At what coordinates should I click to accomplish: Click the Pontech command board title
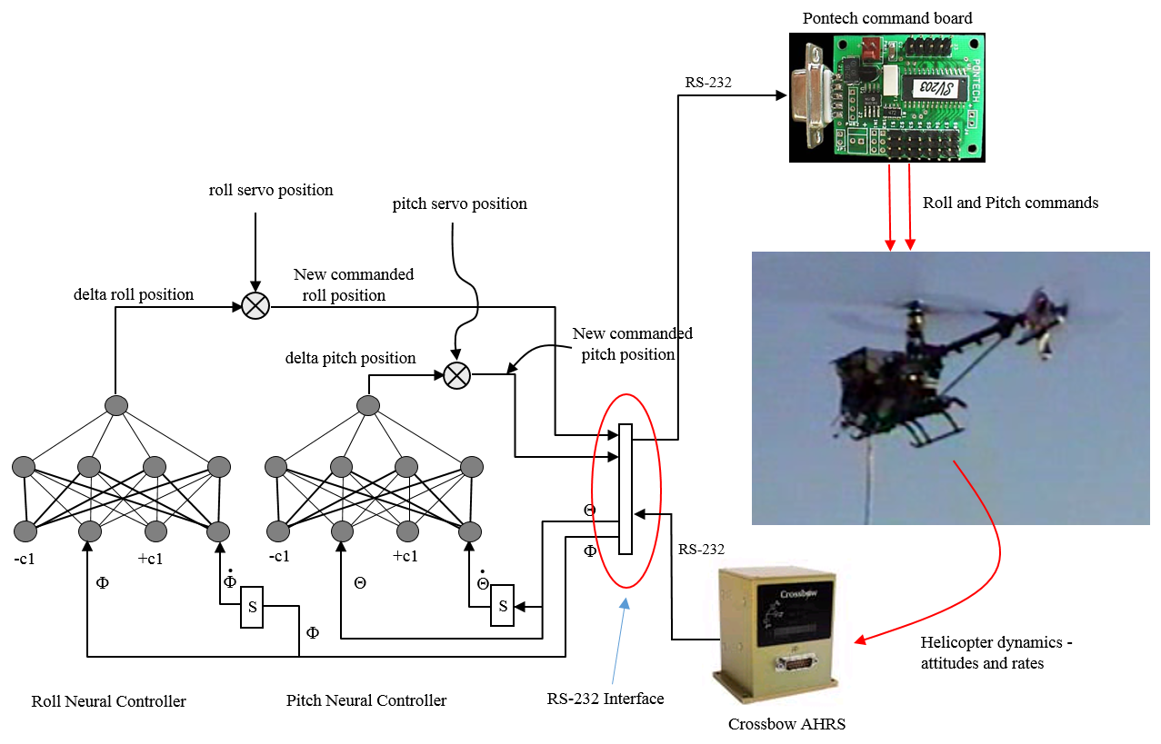pyautogui.click(x=886, y=18)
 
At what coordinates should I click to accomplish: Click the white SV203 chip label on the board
pyautogui.click(x=925, y=86)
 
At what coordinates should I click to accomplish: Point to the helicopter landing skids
pyautogui.click(x=936, y=427)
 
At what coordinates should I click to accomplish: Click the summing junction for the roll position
pyautogui.click(x=255, y=306)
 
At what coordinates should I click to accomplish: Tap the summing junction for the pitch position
pyautogui.click(x=456, y=374)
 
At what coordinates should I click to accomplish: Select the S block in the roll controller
pyautogui.click(x=252, y=607)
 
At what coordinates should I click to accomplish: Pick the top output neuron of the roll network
pyautogui.click(x=115, y=405)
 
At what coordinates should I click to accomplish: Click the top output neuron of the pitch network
pyautogui.click(x=368, y=405)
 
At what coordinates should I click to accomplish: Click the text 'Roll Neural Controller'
pyautogui.click(x=108, y=701)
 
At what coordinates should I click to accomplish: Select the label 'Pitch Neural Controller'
pyautogui.click(x=366, y=700)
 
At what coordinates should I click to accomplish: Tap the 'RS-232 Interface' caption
pyautogui.click(x=605, y=699)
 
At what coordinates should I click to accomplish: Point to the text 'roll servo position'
pyautogui.click(x=271, y=190)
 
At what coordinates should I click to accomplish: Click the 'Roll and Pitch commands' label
pyautogui.click(x=1010, y=203)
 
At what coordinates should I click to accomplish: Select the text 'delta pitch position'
pyautogui.click(x=350, y=358)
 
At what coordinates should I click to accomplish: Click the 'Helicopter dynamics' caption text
pyautogui.click(x=996, y=652)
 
